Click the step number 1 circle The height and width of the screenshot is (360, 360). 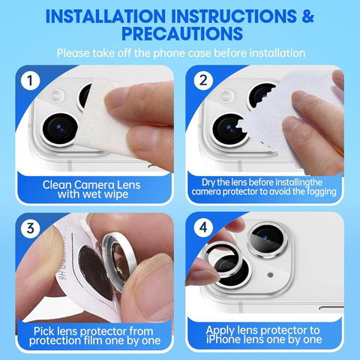pyautogui.click(x=30, y=80)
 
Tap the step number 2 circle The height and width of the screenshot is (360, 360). pyautogui.click(x=203, y=80)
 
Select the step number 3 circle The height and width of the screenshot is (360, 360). pyautogui.click(x=30, y=229)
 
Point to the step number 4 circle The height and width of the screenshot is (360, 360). pyautogui.click(x=203, y=227)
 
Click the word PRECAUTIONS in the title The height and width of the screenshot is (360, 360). pyautogui.click(x=182, y=34)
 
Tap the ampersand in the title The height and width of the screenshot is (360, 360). pyautogui.click(x=307, y=16)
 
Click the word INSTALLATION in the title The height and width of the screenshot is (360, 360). pyautogui.click(x=106, y=16)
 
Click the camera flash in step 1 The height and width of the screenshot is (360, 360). pyautogui.click(x=57, y=96)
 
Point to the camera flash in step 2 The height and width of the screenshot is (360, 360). pyautogui.click(x=227, y=96)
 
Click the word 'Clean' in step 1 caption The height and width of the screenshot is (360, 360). pyautogui.click(x=57, y=185)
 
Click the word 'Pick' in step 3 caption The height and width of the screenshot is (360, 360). pyautogui.click(x=43, y=331)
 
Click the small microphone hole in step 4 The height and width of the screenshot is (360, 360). pyautogui.click(x=270, y=274)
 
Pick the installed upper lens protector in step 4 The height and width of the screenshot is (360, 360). pyautogui.click(x=267, y=239)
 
